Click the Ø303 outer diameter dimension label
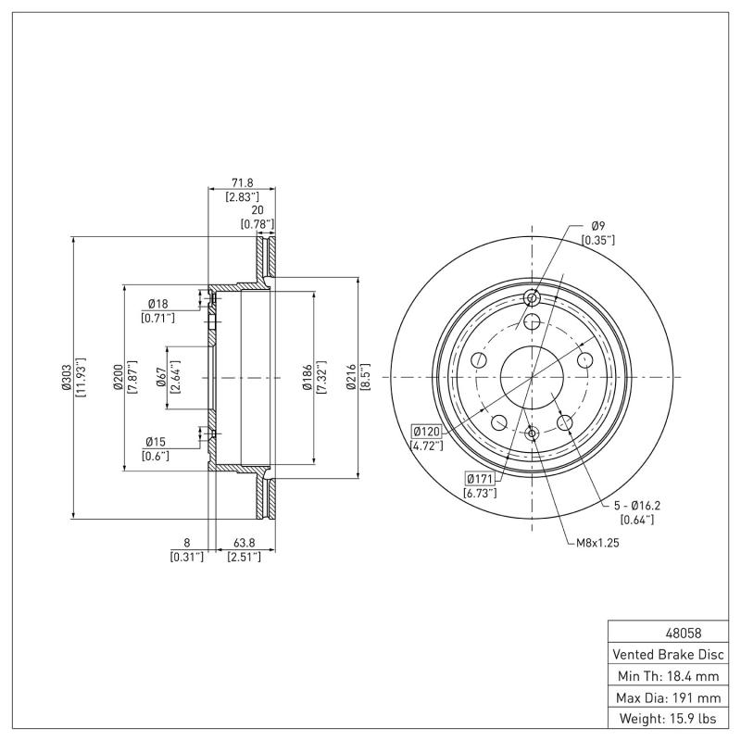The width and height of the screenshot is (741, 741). coord(66,378)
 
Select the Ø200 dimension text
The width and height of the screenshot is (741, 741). coord(118,378)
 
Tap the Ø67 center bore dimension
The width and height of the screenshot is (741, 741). coord(161,378)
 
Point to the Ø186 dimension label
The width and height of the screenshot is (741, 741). coord(307,378)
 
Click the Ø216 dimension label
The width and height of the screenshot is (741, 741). coord(352,378)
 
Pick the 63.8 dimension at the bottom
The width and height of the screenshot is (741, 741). coord(244,544)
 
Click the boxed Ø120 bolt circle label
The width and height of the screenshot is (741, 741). coord(427,431)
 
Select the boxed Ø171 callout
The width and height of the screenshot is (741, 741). coord(480,478)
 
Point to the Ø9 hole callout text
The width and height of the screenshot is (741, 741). coord(597,226)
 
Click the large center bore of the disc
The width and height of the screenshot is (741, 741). coord(532,377)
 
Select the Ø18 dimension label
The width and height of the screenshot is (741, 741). coord(157,304)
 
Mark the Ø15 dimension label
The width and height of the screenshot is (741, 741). coord(157,442)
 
